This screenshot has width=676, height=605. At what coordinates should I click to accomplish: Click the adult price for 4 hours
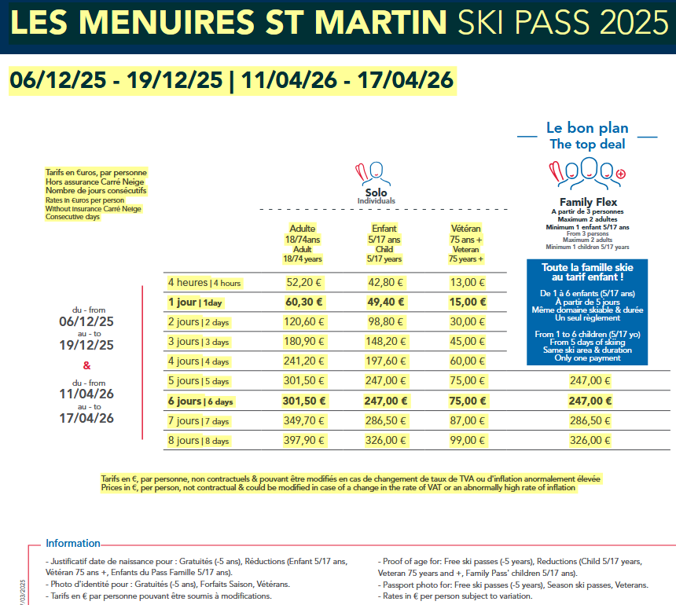click(303, 282)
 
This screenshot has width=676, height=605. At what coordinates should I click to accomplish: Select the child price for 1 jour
click(385, 302)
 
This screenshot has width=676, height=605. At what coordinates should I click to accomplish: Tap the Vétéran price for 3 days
click(467, 341)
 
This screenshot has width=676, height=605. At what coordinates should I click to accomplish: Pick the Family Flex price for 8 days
click(590, 440)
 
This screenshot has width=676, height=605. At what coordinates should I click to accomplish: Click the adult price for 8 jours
click(303, 440)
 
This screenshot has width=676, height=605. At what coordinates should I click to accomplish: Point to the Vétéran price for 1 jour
click(467, 302)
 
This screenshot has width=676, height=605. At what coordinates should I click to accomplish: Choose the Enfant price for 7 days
click(385, 420)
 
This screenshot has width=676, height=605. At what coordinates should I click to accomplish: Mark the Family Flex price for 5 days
click(590, 380)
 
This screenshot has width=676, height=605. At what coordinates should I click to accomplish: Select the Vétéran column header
click(466, 243)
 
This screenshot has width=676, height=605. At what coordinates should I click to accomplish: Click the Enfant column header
click(384, 243)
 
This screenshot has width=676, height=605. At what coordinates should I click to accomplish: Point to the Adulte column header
click(303, 243)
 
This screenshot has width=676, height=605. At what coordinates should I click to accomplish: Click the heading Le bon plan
click(587, 128)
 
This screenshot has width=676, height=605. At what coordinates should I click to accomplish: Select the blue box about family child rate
click(588, 312)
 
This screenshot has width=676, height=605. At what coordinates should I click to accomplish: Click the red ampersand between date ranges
click(86, 365)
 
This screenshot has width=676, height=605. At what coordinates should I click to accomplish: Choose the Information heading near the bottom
click(73, 543)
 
